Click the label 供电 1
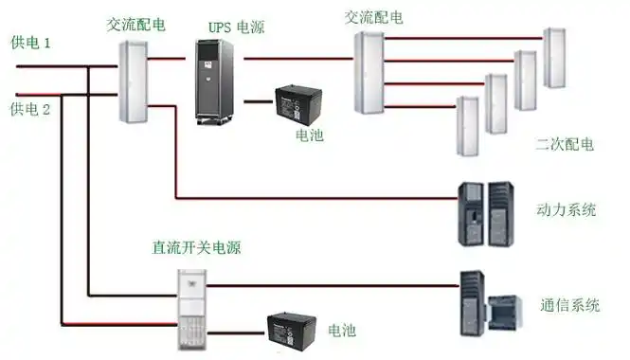click(x=29, y=43)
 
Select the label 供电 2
click(x=29, y=109)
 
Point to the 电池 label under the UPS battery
click(x=309, y=135)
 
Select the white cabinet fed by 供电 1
click(x=135, y=81)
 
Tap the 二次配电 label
click(x=565, y=144)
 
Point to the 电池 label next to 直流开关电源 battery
click(x=342, y=331)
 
